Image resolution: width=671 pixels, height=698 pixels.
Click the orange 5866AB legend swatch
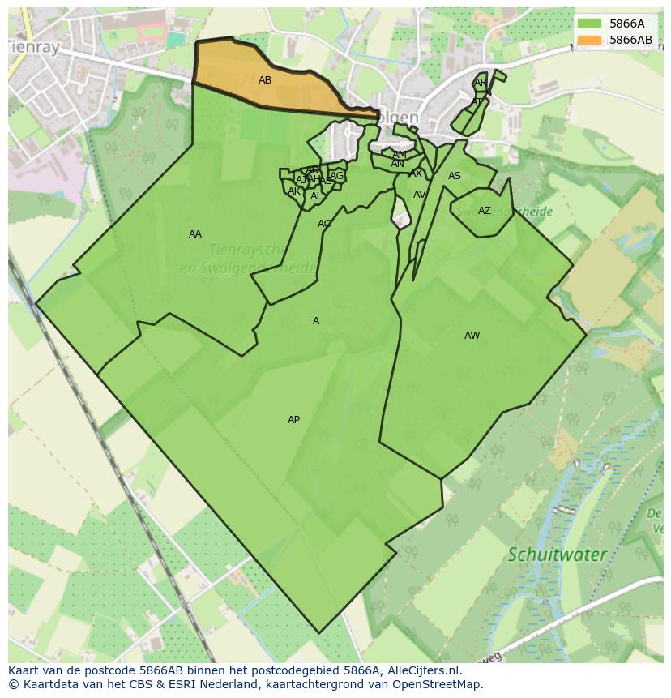coord(589,40)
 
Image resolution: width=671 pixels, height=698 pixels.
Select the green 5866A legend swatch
coord(589,24)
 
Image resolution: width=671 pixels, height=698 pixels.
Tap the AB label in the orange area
coord(265,80)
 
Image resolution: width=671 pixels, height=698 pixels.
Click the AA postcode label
coord(195,234)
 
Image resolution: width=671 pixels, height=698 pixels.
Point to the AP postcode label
coord(293,420)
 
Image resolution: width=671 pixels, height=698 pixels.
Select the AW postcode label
coord(472,336)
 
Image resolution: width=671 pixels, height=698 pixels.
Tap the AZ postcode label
coord(484,211)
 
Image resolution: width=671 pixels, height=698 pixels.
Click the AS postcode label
coord(455,176)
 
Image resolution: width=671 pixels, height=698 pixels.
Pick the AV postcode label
coord(419,195)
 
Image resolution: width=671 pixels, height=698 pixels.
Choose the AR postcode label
coord(481,83)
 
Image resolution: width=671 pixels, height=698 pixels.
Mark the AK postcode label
coord(294,191)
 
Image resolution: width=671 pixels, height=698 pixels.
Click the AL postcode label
coord(316,196)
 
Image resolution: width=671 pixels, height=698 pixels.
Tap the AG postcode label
coord(337,176)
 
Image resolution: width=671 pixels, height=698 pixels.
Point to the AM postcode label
coord(400,155)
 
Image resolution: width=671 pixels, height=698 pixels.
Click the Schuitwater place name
coord(557,555)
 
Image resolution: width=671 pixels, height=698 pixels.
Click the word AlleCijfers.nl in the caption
coord(421,671)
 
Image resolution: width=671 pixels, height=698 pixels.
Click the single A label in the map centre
coord(316,321)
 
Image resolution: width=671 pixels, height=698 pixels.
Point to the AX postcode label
coord(416,173)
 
